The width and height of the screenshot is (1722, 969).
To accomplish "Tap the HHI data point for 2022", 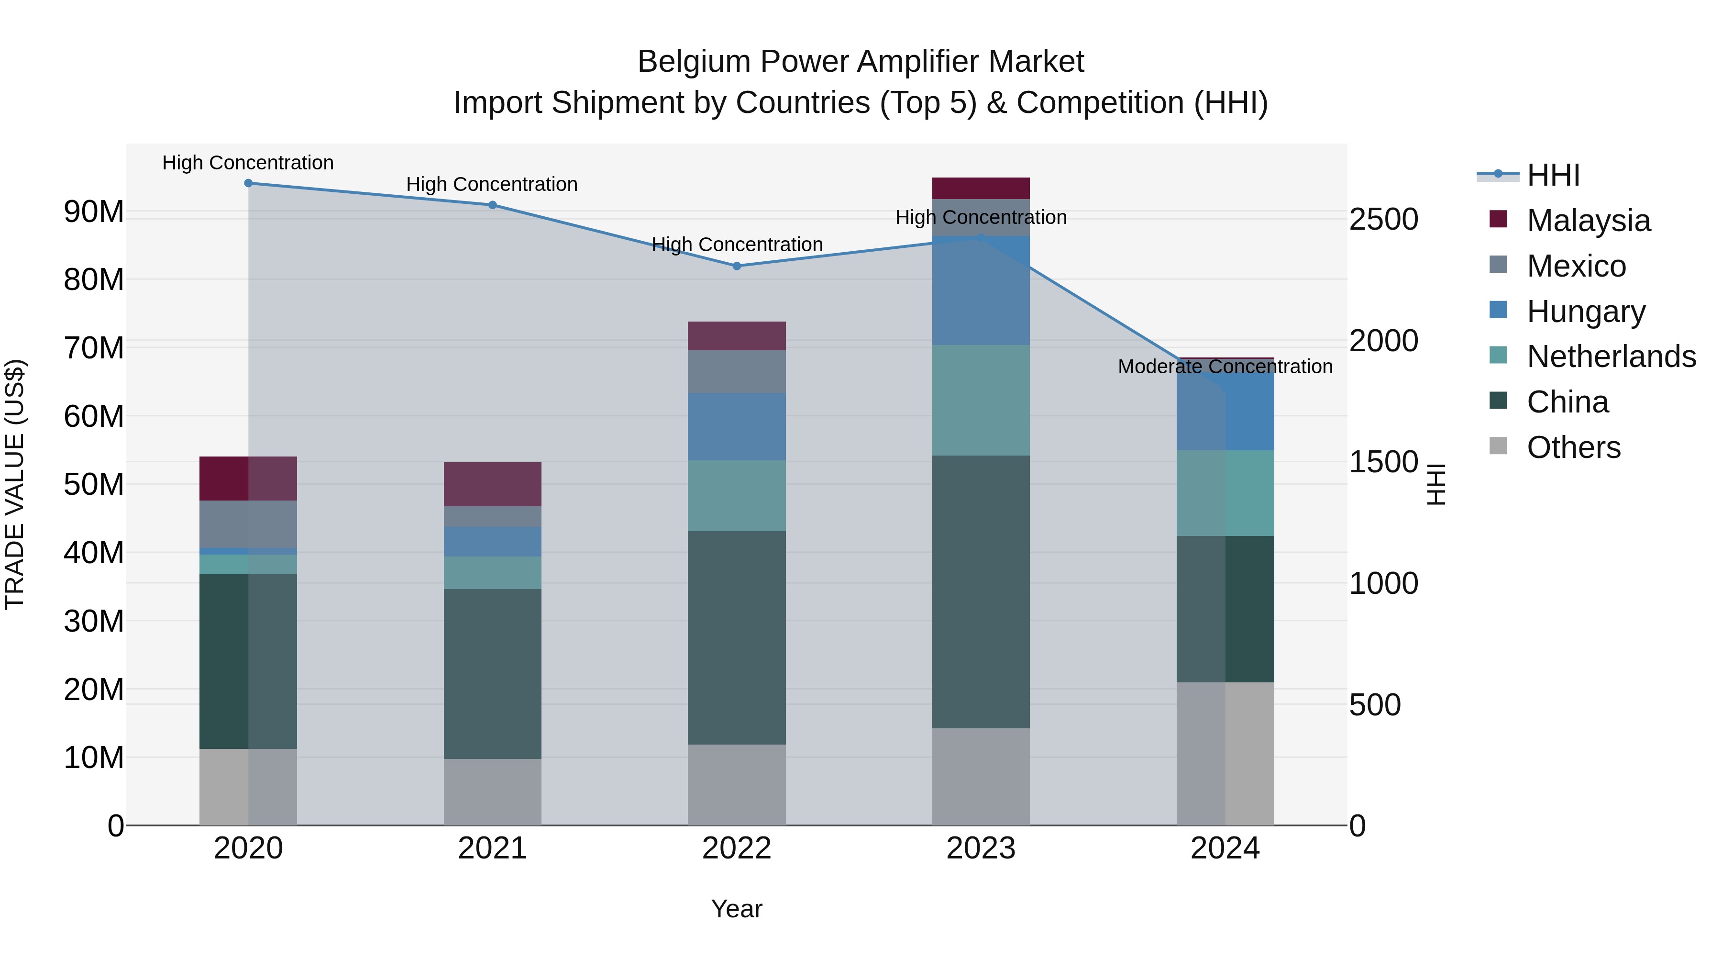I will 737,266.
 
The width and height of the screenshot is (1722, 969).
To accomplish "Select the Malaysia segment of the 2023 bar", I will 981,189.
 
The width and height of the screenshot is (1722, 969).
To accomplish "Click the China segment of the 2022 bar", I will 737,637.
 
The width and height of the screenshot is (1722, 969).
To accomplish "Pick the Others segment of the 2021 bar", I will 492,792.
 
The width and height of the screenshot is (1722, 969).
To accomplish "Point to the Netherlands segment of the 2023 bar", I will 981,401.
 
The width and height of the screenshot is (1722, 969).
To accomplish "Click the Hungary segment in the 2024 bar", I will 1225,411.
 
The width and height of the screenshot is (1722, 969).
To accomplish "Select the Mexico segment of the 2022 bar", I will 737,372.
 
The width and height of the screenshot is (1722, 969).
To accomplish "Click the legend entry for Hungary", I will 1586,312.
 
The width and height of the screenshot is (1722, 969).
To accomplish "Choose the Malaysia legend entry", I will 1588,221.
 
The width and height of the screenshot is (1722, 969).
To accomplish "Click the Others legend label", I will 1574,447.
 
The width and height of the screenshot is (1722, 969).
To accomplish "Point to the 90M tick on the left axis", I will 94,212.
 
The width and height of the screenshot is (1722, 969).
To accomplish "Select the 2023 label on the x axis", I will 981,848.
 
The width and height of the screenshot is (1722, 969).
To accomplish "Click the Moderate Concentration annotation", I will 1225,367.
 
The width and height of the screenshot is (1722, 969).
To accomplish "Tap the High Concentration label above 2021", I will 492,185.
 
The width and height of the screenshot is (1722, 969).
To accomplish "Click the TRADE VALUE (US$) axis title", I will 15,484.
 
